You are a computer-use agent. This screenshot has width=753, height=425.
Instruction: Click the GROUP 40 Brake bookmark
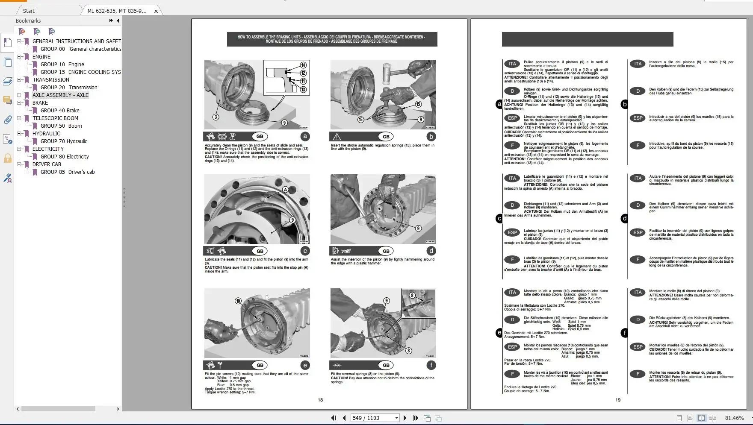(60, 111)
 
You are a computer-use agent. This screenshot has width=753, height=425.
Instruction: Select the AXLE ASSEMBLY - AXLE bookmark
(60, 95)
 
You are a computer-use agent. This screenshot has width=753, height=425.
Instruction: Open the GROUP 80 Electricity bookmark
(65, 157)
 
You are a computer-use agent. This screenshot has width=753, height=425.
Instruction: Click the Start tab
(29, 11)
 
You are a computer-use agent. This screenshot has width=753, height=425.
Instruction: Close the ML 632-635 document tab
(156, 11)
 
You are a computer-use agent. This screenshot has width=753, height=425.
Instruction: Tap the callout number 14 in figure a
(303, 65)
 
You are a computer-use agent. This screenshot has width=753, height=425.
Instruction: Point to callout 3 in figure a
(216, 117)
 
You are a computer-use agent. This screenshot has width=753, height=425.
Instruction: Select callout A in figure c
(285, 189)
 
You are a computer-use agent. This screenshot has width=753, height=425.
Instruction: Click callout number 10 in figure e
(238, 301)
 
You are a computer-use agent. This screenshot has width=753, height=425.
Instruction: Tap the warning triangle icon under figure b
(337, 137)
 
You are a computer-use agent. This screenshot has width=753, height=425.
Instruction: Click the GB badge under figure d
(386, 251)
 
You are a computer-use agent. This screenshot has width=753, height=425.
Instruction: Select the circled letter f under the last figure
(431, 365)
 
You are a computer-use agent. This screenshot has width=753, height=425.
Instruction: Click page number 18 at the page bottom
(320, 400)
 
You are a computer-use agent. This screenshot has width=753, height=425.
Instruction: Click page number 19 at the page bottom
(618, 400)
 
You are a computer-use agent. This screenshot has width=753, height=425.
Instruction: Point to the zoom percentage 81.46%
(734, 418)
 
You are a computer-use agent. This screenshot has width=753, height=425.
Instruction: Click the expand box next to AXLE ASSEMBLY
(19, 95)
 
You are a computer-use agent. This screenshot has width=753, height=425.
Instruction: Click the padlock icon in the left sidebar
(8, 159)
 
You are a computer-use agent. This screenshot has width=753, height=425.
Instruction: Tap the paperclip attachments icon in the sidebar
(8, 120)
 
